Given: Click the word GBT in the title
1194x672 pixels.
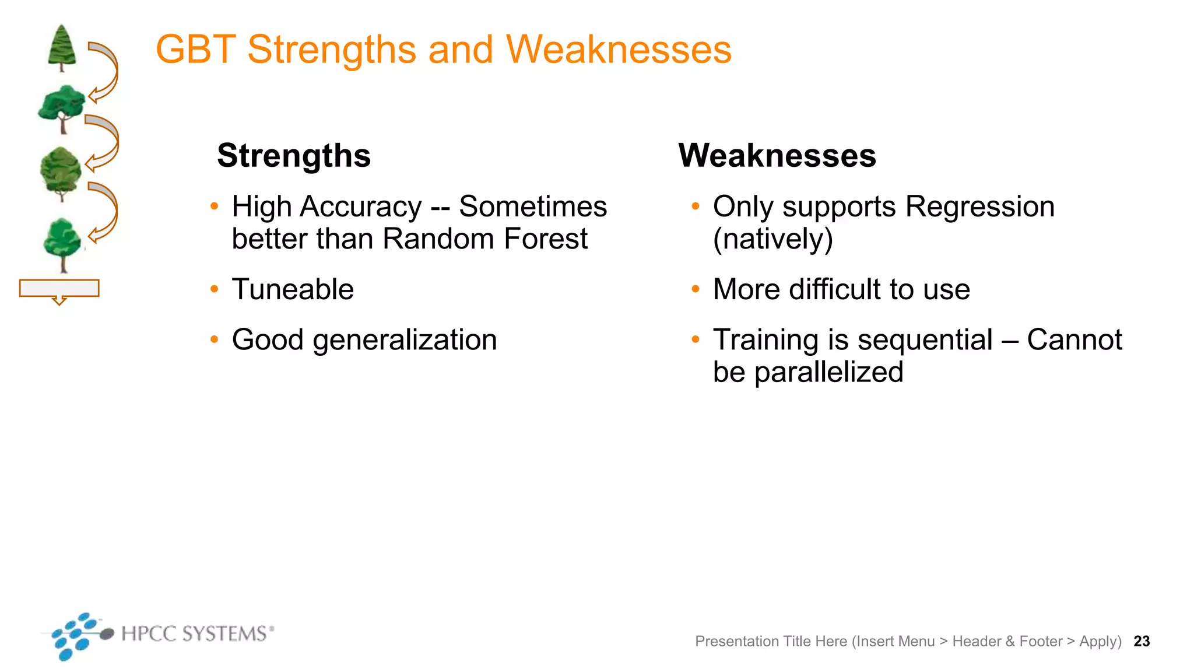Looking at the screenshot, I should [196, 50].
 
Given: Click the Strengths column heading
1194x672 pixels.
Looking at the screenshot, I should [294, 156].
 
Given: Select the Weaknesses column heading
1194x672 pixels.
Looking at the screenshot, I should [777, 156].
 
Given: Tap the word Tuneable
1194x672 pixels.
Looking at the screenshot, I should [293, 289].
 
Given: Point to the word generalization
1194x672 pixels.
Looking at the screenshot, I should [405, 340].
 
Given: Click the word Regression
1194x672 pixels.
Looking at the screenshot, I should [979, 207].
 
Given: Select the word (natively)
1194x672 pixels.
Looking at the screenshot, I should [773, 239].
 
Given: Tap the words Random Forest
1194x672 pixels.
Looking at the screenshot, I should [485, 239].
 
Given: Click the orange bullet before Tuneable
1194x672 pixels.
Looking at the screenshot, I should [215, 289].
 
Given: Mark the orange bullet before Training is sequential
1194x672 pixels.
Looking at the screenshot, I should [695, 339].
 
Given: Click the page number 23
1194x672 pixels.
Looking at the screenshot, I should [1142, 642].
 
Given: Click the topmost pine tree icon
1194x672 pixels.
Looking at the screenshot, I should [62, 48].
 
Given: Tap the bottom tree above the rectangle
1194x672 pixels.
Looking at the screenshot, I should [63, 244].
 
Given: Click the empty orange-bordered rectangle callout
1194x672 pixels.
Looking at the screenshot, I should [59, 288].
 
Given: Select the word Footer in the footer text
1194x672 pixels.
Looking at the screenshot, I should [1041, 642].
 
